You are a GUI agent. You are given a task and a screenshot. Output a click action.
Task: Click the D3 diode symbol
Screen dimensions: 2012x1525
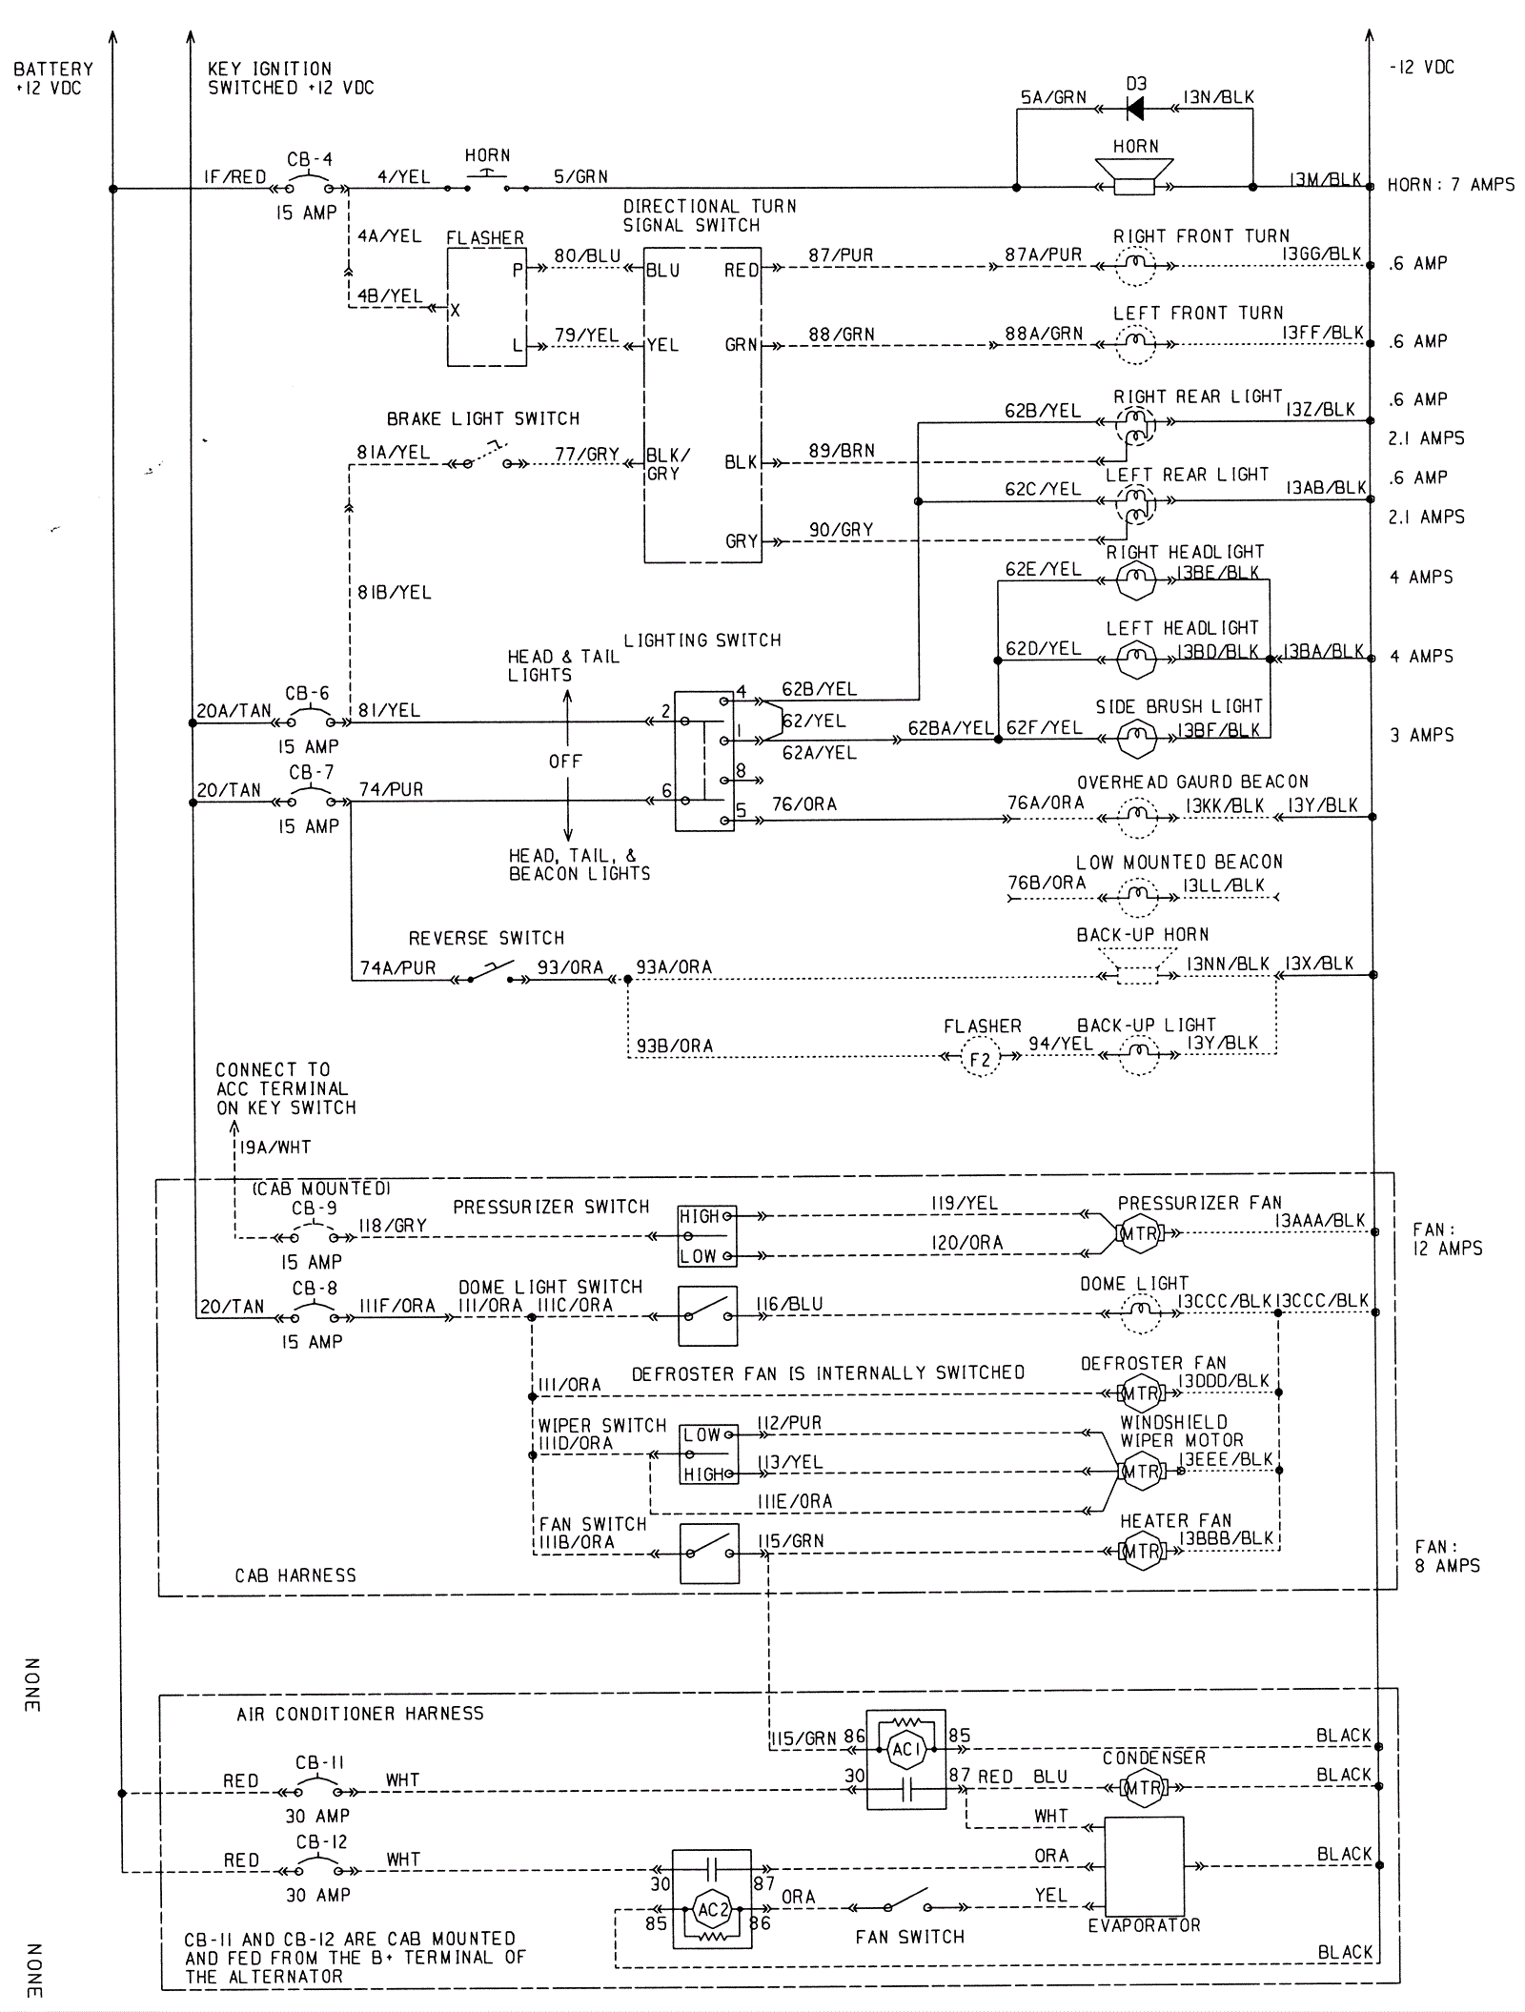1134,109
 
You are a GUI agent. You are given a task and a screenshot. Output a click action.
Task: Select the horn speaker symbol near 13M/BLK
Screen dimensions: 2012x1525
1134,177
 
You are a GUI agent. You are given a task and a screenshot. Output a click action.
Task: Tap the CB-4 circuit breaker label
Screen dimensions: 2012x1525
310,159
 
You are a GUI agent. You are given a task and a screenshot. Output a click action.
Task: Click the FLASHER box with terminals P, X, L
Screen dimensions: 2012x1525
486,307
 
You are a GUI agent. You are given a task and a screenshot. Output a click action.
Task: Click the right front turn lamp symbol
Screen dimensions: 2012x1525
1134,266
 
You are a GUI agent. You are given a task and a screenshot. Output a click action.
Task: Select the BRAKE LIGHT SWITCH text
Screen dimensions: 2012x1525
482,418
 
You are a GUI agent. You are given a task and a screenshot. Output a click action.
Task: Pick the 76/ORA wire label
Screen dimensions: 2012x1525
804,804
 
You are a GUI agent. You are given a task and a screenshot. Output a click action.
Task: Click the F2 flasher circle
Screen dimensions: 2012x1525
980,1059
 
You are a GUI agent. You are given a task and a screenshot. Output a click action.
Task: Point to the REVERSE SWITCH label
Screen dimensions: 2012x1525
486,938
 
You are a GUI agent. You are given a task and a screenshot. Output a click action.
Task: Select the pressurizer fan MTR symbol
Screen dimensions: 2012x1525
1140,1233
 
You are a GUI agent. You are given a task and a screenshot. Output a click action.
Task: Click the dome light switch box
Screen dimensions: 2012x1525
707,1316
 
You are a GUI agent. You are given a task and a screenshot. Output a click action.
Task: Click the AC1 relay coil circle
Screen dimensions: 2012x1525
905,1749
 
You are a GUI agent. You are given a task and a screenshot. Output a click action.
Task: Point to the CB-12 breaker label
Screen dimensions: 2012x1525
321,1841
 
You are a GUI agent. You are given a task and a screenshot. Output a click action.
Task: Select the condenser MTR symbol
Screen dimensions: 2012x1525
1144,1788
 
